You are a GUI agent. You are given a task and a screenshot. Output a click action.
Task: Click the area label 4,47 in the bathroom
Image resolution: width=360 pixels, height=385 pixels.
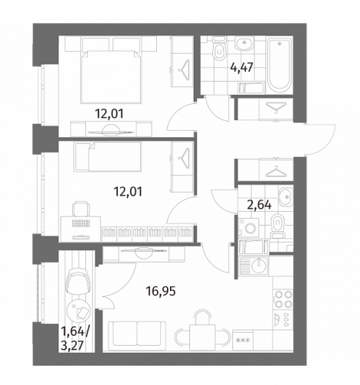click(x=242, y=68)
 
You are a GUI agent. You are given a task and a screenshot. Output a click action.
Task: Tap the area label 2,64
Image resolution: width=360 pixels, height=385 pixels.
click(x=259, y=205)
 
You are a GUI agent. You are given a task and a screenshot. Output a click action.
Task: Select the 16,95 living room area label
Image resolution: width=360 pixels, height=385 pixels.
click(x=161, y=291)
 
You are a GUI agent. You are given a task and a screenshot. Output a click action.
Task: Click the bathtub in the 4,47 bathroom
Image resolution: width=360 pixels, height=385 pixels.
click(x=279, y=65)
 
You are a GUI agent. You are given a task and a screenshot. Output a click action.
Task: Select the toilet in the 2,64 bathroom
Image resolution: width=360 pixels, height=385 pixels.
click(x=277, y=226)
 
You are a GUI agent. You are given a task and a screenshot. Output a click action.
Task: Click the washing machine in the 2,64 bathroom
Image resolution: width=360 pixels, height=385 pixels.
click(x=249, y=226)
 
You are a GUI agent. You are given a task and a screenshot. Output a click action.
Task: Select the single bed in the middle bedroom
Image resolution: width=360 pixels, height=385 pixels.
click(x=108, y=156)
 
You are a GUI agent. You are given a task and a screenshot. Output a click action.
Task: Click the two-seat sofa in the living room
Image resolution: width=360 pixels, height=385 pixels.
click(x=137, y=336)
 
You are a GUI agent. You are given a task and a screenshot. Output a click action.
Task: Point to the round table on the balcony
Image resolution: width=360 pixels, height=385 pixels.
click(x=78, y=310)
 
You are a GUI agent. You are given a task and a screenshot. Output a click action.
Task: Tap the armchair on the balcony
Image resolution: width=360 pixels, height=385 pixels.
click(x=78, y=281)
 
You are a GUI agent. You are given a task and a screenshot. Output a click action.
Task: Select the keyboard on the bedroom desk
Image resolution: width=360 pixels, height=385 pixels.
click(x=82, y=223)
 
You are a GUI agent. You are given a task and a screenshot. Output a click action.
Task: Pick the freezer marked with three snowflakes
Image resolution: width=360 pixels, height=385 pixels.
click(x=243, y=340)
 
